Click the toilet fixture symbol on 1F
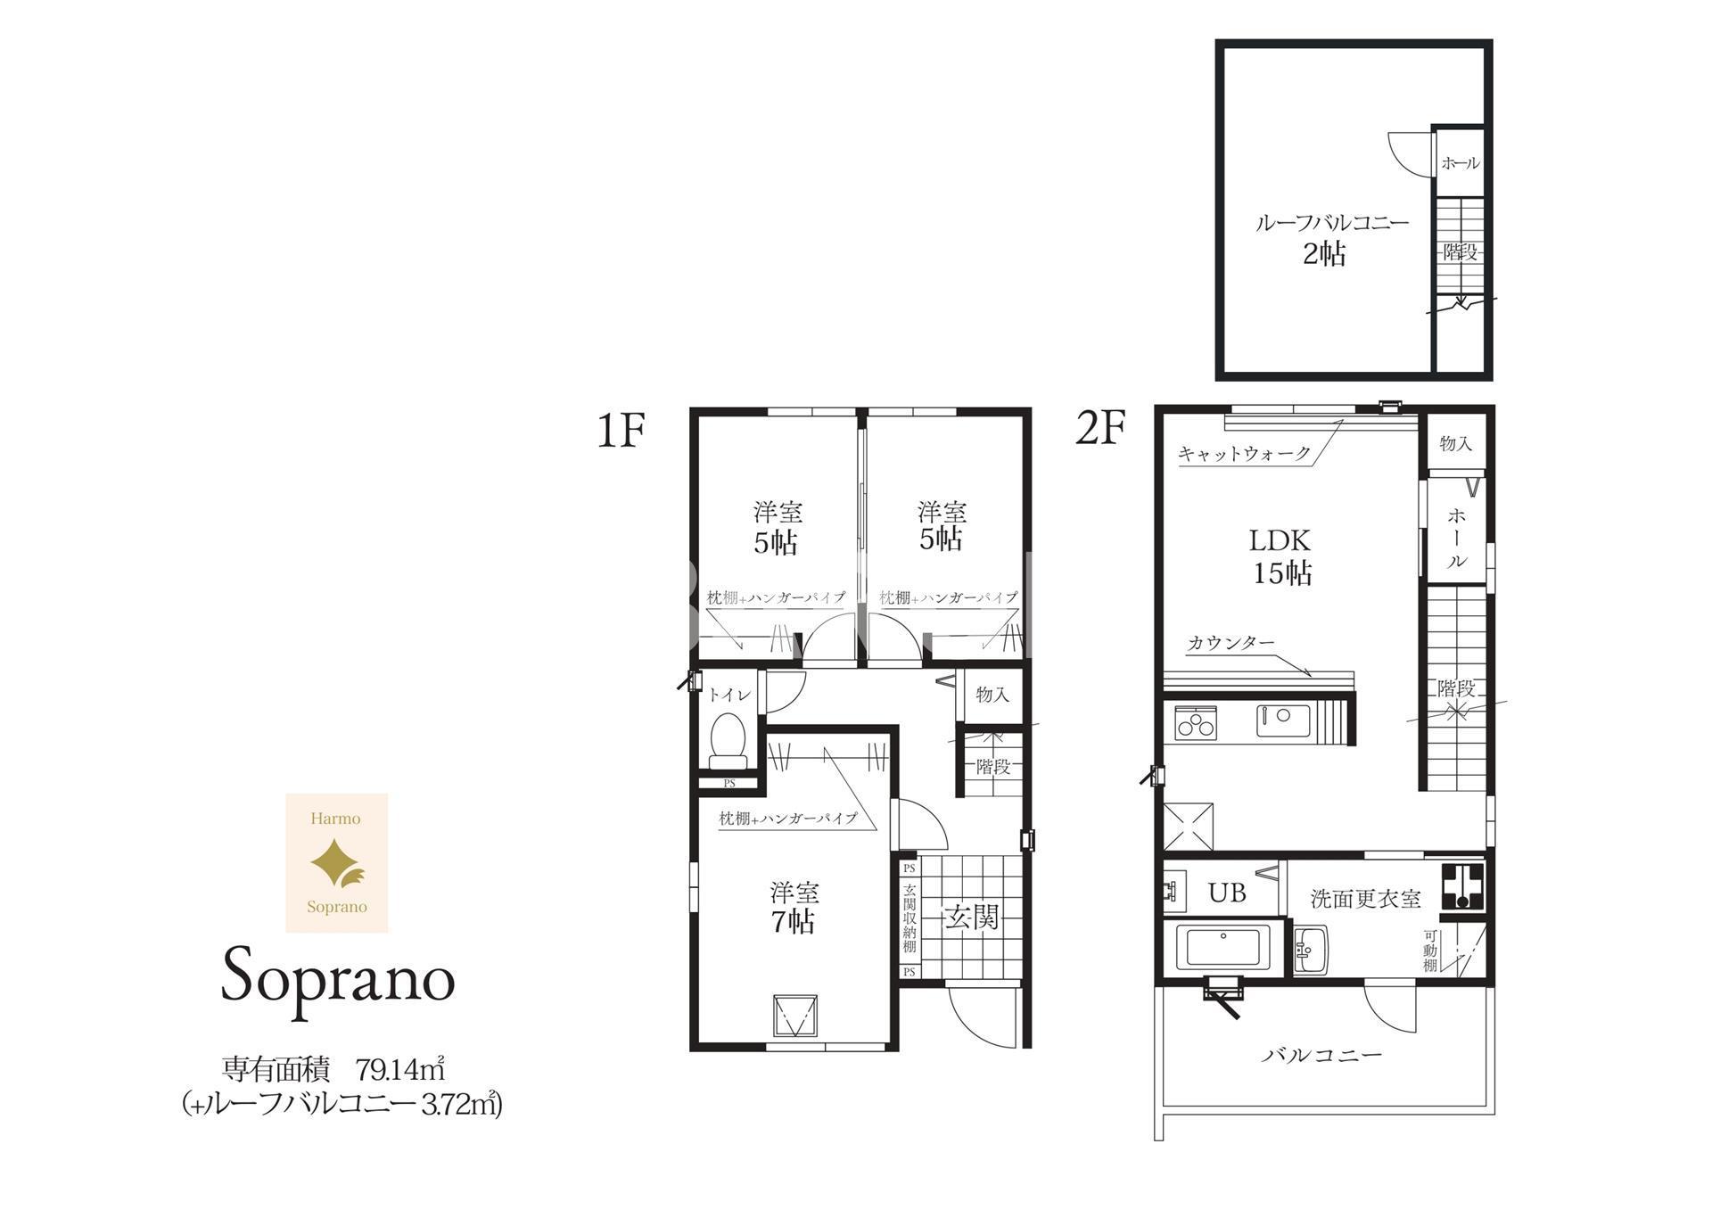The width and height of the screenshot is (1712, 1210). point(728,740)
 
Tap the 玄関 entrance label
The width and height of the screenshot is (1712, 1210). point(972,917)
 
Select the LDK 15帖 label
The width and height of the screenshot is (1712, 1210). point(1282,556)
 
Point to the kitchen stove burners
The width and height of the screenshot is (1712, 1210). point(1196,721)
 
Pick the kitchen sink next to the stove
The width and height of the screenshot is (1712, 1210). point(1283,720)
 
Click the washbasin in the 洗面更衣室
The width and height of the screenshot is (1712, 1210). point(1310,950)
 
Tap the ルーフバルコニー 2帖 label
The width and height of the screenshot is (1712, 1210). point(1331,239)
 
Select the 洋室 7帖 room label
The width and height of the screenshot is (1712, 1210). point(794,907)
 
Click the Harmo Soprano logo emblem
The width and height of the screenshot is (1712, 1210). point(337,863)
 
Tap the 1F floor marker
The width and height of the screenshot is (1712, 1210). point(621,430)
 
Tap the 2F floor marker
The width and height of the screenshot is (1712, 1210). point(1101,428)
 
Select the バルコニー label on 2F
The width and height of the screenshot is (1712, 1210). point(1321,1056)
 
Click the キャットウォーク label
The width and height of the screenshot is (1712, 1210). point(1245,453)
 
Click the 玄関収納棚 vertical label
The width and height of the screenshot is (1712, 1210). point(909,918)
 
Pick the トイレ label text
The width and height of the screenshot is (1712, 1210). point(729,695)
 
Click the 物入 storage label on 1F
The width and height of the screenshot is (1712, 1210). point(992,694)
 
